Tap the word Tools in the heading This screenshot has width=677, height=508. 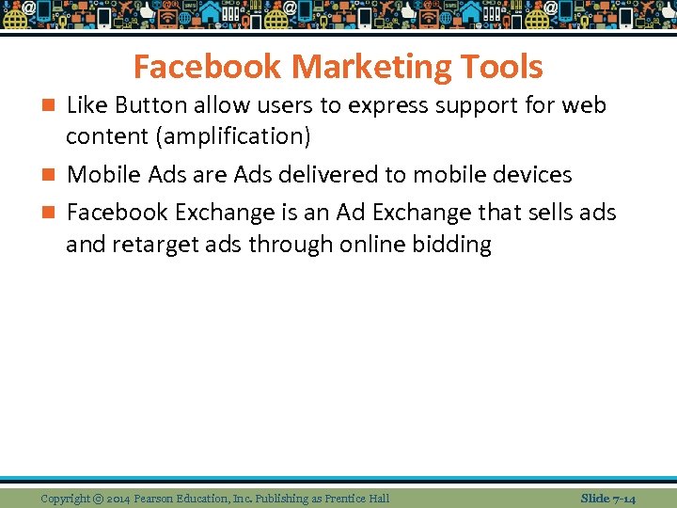[510, 68]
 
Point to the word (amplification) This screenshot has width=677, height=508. [235, 136]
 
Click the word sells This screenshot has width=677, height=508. [546, 213]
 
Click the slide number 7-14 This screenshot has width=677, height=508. [623, 498]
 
